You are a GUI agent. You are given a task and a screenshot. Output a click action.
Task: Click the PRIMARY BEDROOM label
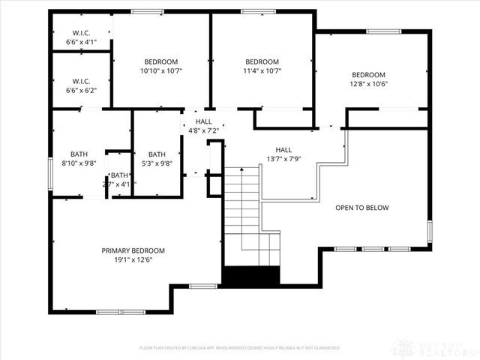(x=133, y=250)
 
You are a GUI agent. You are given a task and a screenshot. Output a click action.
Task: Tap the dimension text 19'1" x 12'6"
(x=133, y=259)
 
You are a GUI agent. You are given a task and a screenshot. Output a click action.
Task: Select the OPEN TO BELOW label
(x=361, y=208)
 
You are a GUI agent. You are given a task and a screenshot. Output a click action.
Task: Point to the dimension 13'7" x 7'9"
(x=283, y=158)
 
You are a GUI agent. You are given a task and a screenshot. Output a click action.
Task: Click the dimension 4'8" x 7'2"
(x=203, y=130)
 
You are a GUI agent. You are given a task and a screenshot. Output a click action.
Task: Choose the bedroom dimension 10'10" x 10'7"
(x=160, y=70)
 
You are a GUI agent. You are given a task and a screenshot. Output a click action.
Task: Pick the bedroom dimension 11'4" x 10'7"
(x=262, y=70)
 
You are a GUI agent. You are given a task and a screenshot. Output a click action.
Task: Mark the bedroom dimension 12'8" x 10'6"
(x=368, y=84)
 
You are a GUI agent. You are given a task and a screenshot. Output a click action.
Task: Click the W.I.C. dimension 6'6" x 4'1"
(x=82, y=42)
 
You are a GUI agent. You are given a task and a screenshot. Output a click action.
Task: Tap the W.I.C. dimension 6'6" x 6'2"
(x=82, y=90)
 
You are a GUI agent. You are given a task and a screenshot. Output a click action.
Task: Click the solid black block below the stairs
(x=250, y=275)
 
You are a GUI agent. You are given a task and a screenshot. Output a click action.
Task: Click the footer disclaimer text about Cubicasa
(x=240, y=348)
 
